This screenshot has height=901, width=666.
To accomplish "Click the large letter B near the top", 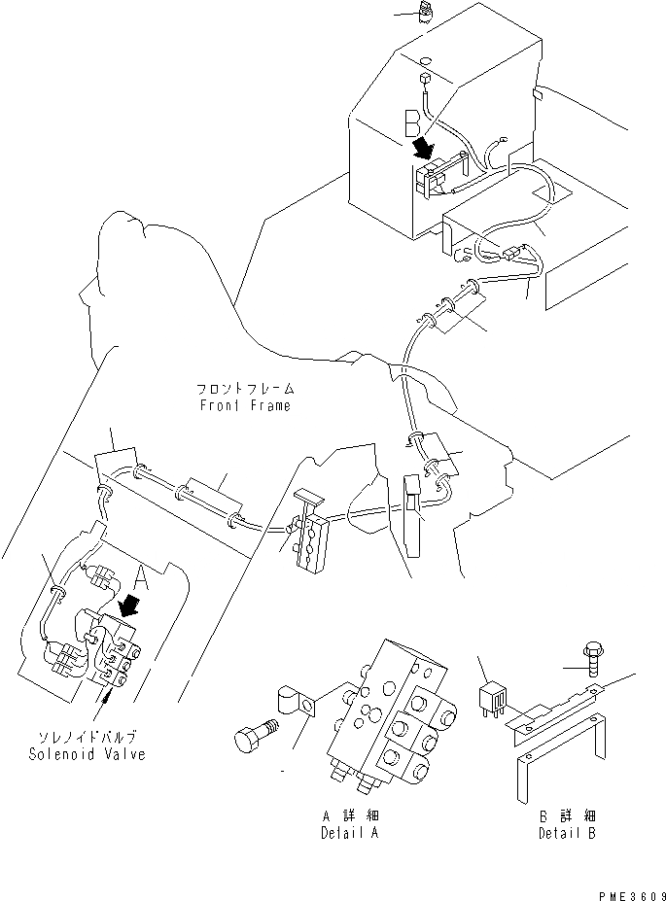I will pyautogui.click(x=412, y=122).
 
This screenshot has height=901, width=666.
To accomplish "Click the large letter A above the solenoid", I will pyautogui.click(x=141, y=579).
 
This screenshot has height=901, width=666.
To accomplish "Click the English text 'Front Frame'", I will pyautogui.click(x=242, y=405).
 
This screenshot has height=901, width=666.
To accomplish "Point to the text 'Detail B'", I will pyautogui.click(x=568, y=833).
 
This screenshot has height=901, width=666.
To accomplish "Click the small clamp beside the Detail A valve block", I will pyautogui.click(x=295, y=703).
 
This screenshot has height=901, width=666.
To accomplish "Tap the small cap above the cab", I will pyautogui.click(x=425, y=13).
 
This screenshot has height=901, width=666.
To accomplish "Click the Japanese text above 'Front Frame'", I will pyautogui.click(x=242, y=389).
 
